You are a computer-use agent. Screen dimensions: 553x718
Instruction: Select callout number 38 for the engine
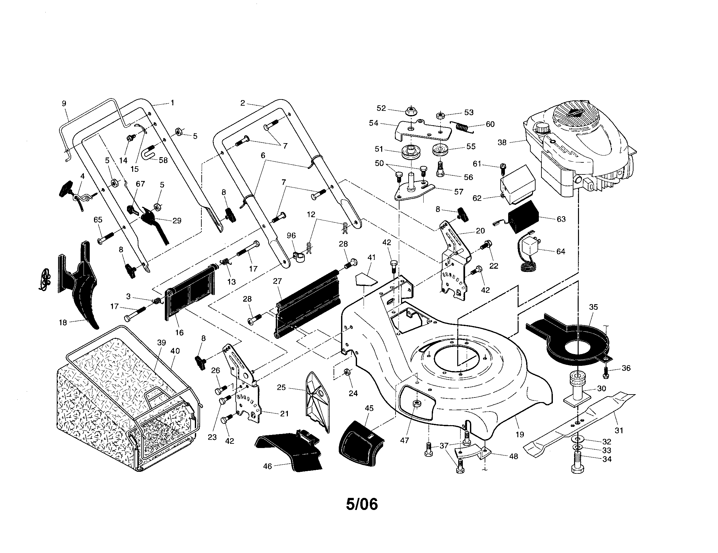(502, 142)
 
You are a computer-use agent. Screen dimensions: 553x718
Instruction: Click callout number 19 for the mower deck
(520, 434)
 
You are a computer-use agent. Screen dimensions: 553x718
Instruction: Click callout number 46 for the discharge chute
(267, 466)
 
